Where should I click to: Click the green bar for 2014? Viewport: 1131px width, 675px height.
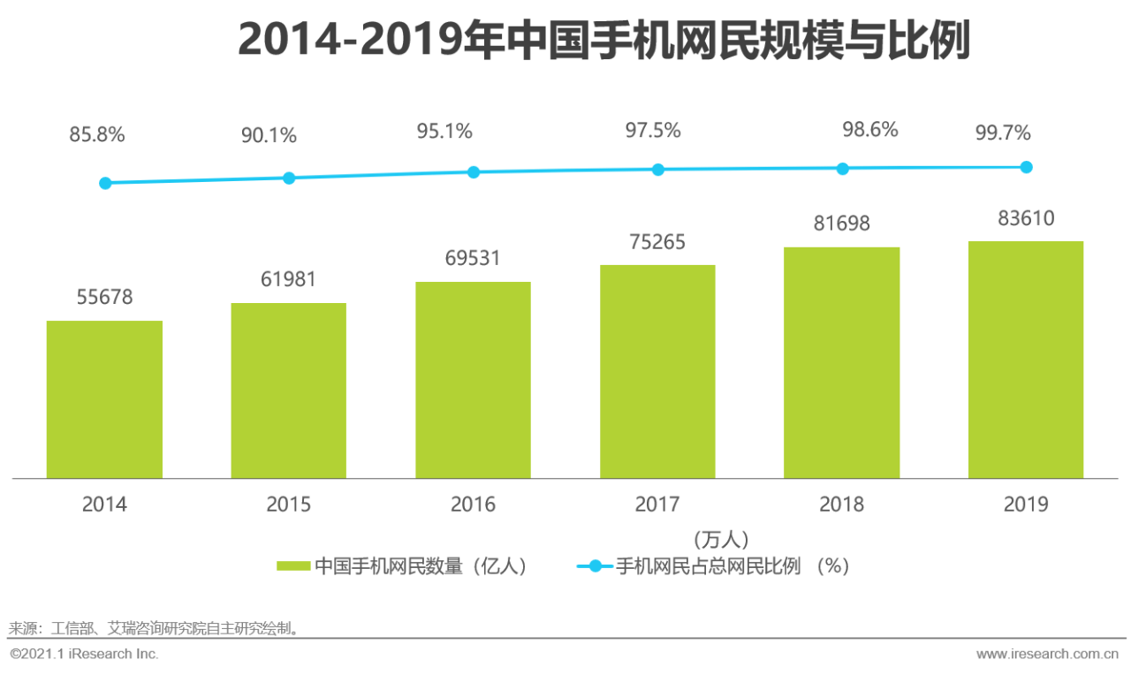(x=104, y=399)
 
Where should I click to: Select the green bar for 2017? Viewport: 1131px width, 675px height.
(x=657, y=372)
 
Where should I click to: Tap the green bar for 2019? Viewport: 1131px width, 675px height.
(x=1026, y=360)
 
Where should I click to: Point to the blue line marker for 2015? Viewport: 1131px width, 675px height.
(x=289, y=178)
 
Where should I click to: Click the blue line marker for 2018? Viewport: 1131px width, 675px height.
(x=842, y=169)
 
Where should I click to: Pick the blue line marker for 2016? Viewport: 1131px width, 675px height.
(x=473, y=172)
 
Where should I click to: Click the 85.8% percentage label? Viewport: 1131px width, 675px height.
(x=97, y=134)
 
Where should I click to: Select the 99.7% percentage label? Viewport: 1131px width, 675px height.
(x=1003, y=133)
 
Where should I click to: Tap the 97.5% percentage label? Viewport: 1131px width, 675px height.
(x=653, y=130)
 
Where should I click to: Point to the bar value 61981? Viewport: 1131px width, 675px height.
(x=288, y=279)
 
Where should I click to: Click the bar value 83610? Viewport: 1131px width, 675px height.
(x=1026, y=218)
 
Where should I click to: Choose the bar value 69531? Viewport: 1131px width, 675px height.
(x=473, y=258)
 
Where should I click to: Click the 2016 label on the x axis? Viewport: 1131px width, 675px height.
(x=473, y=504)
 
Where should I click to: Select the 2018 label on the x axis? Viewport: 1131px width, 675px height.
(x=842, y=504)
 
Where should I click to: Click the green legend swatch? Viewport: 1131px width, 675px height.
(x=293, y=566)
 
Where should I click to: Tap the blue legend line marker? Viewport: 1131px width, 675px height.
(x=596, y=566)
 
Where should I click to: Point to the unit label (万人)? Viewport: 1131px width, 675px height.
(x=721, y=540)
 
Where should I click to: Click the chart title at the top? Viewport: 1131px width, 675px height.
(x=603, y=39)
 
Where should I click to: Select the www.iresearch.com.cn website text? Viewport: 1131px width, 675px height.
(x=1047, y=654)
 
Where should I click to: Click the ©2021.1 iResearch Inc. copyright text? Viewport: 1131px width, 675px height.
(x=84, y=654)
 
